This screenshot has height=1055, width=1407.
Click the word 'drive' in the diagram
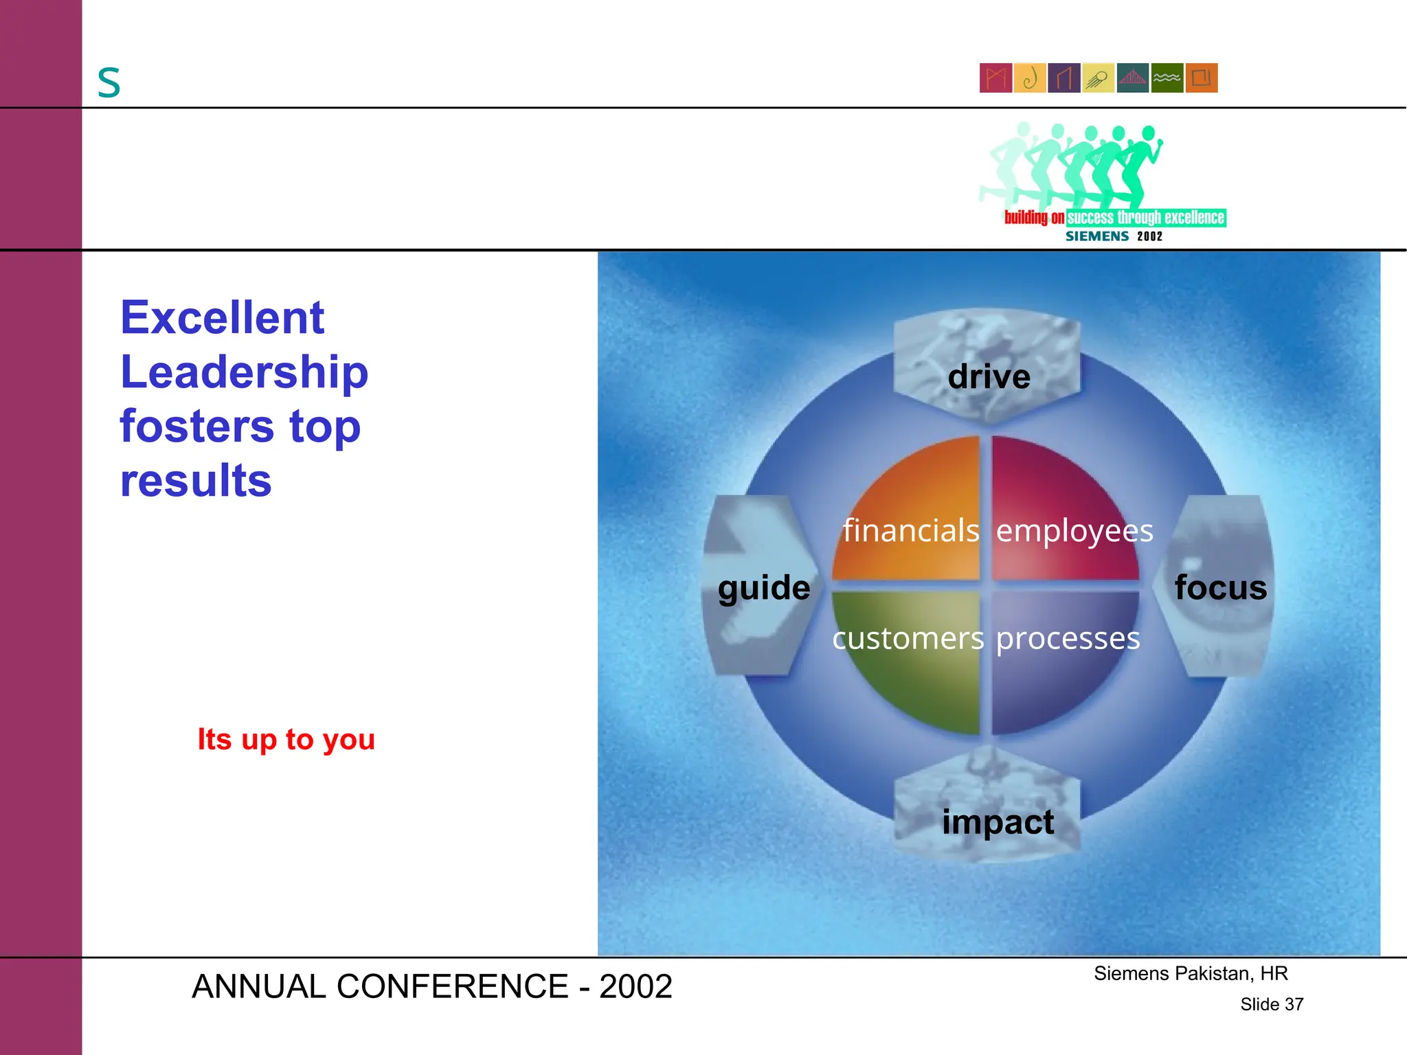[989, 376]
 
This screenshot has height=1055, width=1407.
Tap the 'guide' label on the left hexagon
[764, 588]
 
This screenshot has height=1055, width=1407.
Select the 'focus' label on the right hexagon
[1220, 588]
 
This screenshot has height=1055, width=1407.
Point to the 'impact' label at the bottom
[998, 821]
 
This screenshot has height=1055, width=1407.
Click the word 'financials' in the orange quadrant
[911, 530]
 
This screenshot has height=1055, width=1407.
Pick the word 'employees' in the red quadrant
[1074, 530]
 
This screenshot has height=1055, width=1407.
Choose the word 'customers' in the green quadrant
[908, 638]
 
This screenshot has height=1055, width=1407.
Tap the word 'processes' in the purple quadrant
[1068, 638]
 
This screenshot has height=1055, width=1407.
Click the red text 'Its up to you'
[286, 739]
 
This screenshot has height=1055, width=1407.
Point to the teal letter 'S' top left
[109, 83]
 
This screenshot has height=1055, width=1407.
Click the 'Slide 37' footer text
[1271, 1004]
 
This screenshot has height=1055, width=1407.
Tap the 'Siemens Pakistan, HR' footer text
[1191, 973]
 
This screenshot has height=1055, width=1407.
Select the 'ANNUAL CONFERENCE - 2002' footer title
[431, 986]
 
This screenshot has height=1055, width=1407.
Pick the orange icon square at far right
[1202, 78]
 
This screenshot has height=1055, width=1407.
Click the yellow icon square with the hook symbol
[1030, 78]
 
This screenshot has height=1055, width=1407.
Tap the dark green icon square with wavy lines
[1167, 78]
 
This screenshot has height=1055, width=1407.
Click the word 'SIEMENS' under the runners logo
[1096, 236]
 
